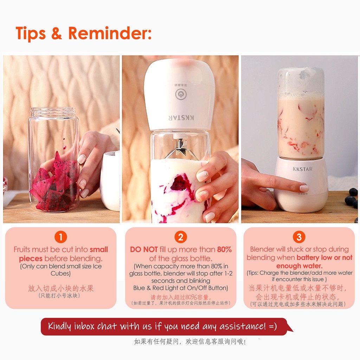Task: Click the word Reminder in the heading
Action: coord(110,33)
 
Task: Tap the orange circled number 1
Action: coord(60,237)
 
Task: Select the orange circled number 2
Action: coord(181,237)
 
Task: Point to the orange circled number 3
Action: coord(299,237)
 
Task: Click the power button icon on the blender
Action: coord(181,94)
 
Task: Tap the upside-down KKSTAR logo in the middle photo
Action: coord(181,118)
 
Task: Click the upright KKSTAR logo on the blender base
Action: coord(302,169)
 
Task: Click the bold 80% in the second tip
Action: coord(224,250)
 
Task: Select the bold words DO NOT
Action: coord(144,250)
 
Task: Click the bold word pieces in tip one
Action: coord(31,259)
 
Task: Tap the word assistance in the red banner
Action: coord(243,326)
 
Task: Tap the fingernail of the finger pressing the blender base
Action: coord(304,188)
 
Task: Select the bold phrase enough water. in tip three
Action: coord(300,266)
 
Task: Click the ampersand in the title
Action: coord(57,33)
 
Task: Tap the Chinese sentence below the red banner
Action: coord(189,342)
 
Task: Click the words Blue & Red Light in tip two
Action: coord(160,288)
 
